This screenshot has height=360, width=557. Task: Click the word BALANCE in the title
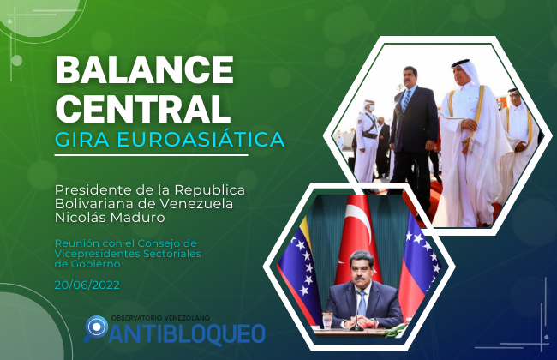[x=145, y=69]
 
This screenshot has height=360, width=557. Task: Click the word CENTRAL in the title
[x=143, y=107]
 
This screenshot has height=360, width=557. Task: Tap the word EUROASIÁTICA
[x=201, y=139]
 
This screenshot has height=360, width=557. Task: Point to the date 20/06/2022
[x=87, y=285]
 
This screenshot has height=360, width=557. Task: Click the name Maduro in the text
[x=137, y=217]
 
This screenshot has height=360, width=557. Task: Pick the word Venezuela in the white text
[x=196, y=204]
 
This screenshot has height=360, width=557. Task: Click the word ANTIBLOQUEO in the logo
[x=187, y=333]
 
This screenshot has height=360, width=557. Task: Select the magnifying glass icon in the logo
[x=96, y=328]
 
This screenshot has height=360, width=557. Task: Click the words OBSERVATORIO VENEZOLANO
[x=160, y=318]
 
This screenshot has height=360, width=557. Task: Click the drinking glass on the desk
[x=326, y=321]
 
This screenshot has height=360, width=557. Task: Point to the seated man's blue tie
[x=362, y=303]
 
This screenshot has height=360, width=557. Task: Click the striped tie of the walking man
[x=405, y=99]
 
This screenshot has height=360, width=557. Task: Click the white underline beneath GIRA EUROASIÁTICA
[x=151, y=155]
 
